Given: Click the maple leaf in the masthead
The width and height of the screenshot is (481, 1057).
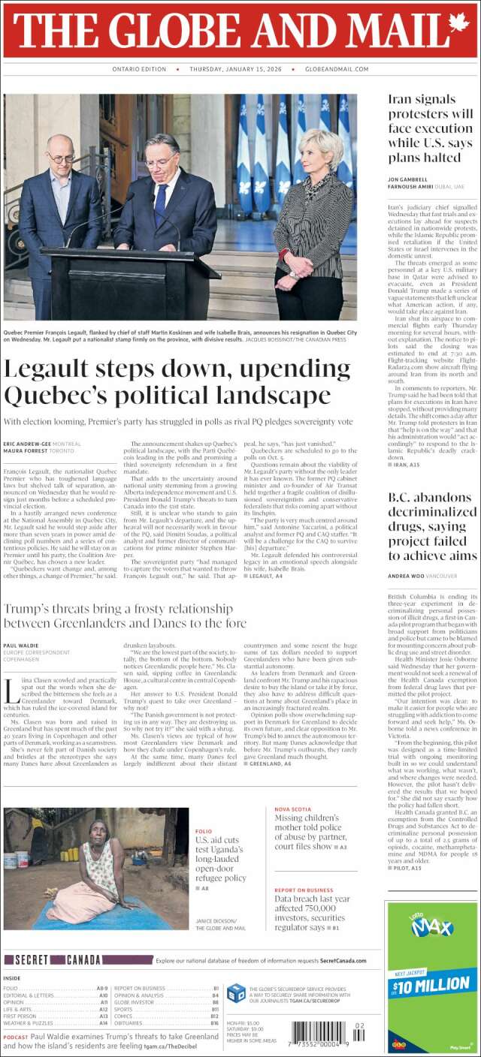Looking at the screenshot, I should point(458,28).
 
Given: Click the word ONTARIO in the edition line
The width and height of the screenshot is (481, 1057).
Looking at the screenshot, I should point(126,69).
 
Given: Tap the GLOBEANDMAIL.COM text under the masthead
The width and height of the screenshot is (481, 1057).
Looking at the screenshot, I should point(336,69).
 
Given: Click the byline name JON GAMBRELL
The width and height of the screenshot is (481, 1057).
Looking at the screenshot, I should point(410,179).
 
